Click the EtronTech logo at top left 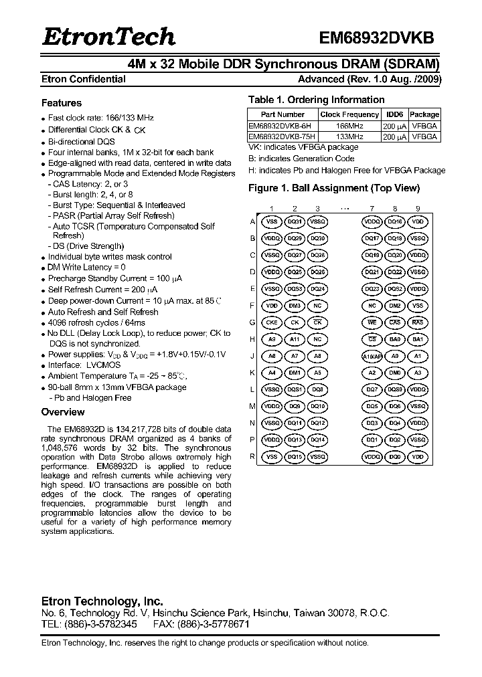108,37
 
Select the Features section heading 62,103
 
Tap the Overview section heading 63,412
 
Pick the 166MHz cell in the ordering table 349,125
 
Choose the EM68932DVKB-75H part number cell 282,136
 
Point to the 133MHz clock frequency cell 349,136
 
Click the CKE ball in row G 272,322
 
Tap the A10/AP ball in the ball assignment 373,356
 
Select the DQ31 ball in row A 295,221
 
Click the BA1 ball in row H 417,339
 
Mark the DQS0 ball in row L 395,389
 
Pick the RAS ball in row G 417,322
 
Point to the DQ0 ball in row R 395,457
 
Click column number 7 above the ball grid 372,209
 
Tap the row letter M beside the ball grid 252,407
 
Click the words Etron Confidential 84,79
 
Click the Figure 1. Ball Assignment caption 334,188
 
